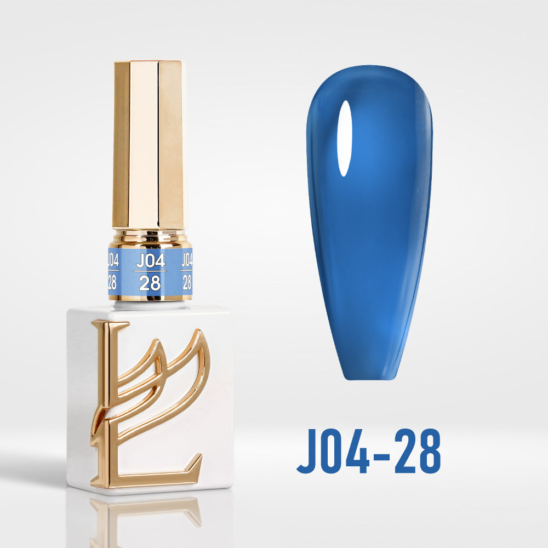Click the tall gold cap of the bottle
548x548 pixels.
[148, 145]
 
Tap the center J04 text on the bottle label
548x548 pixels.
[150, 261]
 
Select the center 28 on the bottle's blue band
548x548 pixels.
[150, 283]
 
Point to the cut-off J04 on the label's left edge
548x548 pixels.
[113, 260]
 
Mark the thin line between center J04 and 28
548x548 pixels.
[150, 271]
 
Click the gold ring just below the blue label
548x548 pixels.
[150, 298]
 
